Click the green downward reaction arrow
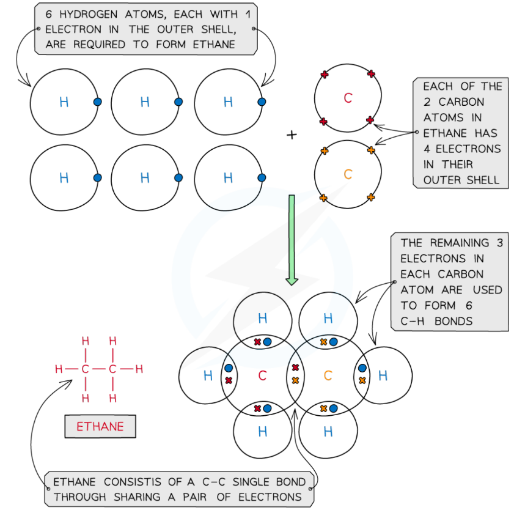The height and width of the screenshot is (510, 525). tap(292, 239)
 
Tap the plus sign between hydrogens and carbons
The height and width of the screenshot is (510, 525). tap(292, 135)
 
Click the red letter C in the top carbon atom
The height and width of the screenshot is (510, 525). tap(348, 98)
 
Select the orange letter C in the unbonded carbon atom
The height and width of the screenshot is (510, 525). tap(348, 174)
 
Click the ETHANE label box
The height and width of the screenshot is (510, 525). tap(100, 427)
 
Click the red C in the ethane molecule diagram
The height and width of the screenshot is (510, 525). tap(262, 375)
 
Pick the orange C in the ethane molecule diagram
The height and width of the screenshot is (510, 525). tap(328, 375)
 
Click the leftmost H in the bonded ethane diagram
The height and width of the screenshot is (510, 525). tap(207, 375)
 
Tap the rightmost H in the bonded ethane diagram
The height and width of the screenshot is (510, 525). tap(383, 375)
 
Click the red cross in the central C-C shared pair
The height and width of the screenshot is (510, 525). tap(295, 368)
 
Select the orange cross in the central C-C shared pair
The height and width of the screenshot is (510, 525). tap(295, 380)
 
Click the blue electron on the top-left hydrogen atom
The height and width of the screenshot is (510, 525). tap(98, 102)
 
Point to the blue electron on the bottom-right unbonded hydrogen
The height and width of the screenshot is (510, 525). tap(262, 178)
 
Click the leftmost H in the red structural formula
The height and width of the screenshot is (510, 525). tap(59, 369)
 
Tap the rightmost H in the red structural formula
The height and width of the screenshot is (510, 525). tap(139, 369)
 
